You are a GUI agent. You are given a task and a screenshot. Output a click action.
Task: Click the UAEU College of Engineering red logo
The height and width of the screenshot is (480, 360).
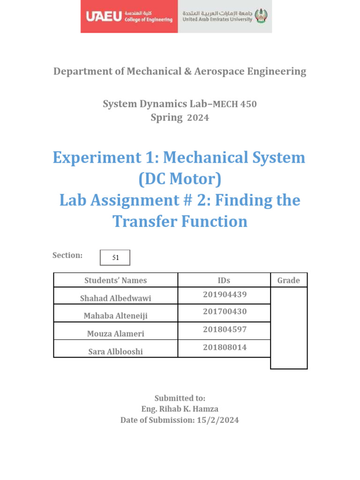coord(129,17)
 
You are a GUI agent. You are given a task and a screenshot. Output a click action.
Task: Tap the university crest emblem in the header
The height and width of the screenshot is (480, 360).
coord(261,17)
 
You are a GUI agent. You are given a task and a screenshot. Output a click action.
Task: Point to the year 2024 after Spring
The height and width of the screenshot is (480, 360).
coord(198,118)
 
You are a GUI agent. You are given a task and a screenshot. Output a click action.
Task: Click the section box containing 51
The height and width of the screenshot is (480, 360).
coord(115,257)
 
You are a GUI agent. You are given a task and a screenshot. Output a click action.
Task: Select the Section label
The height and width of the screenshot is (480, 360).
coord(67,255)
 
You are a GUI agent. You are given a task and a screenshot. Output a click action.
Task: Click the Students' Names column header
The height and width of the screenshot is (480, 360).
coord(115,280)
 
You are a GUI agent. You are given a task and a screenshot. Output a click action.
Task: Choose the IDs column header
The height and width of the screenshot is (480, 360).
coord(224,280)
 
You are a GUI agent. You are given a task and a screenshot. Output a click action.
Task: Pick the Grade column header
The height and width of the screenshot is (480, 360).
coord(288,280)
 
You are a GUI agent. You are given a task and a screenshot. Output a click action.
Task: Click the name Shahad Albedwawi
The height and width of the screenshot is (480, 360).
coord(115,298)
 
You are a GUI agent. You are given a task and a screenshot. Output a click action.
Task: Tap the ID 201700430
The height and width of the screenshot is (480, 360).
coord(225,312)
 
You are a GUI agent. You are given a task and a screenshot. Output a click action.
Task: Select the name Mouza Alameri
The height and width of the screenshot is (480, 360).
coord(115,334)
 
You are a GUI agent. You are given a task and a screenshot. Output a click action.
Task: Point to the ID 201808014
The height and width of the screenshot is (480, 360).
coord(225,347)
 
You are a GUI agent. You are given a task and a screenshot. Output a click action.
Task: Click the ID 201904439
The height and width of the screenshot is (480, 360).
coord(225,294)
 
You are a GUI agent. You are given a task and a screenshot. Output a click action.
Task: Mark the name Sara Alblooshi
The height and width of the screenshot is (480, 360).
coord(115,352)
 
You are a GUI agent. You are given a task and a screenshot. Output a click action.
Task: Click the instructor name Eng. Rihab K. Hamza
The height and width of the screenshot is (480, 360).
coord(180,409)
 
